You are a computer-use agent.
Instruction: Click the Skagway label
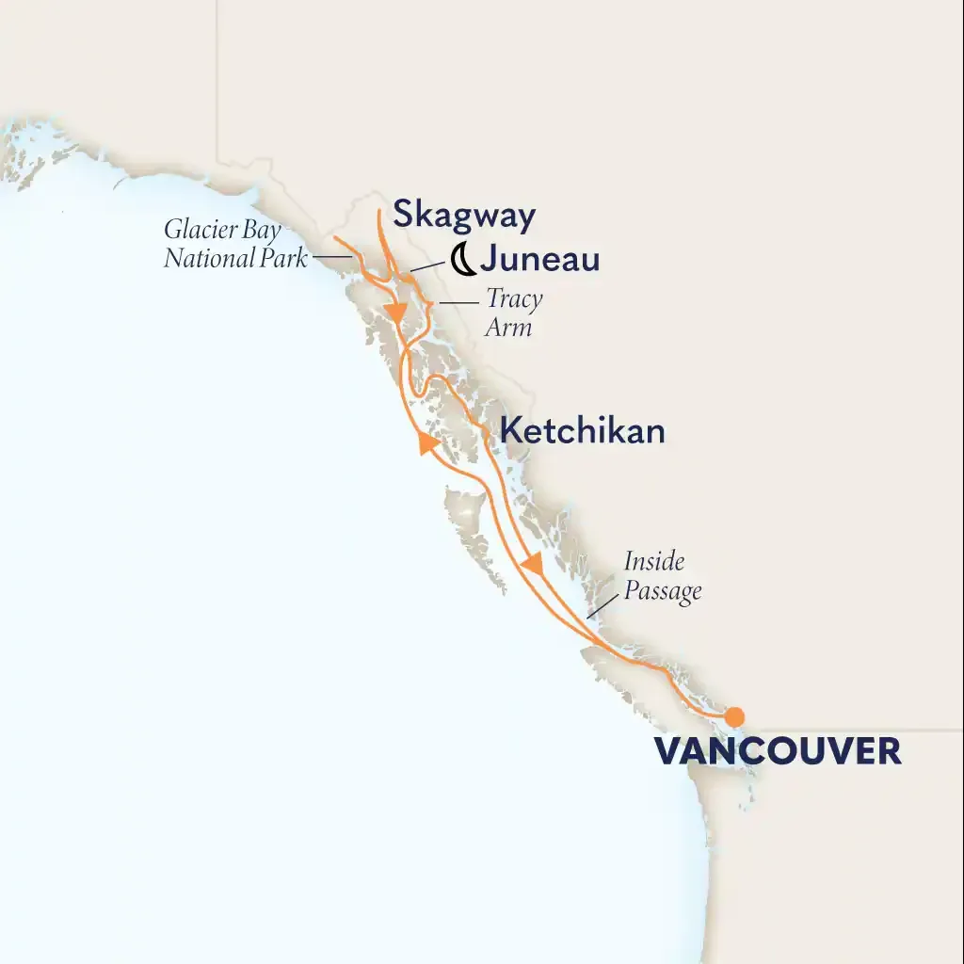[x=463, y=216]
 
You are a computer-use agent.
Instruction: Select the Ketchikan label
[x=582, y=431]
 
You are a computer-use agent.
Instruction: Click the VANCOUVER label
[x=777, y=751]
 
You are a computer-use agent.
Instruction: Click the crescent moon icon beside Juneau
[x=461, y=257]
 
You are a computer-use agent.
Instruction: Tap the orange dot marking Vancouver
[x=733, y=715]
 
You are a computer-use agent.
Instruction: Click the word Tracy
[x=514, y=301]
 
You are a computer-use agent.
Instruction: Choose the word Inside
[x=654, y=563]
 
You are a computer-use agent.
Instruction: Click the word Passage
[x=663, y=591]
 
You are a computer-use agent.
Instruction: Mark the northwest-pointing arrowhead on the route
[x=426, y=442]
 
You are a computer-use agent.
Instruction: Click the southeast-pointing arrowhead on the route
[x=533, y=564]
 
